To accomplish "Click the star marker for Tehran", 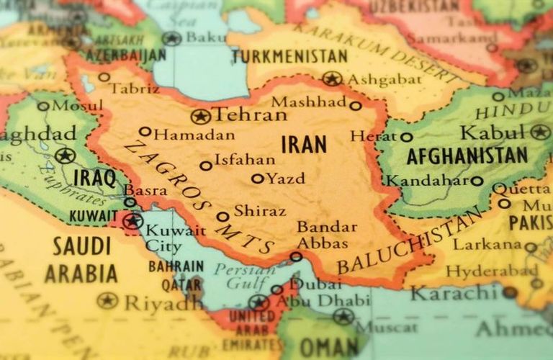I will click(200, 116).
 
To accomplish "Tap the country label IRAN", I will click(303, 144).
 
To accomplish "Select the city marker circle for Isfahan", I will click(206, 166).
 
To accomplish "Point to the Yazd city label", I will click(286, 178).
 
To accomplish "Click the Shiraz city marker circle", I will click(223, 216).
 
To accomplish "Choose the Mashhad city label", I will click(308, 102).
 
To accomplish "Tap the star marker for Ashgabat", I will click(331, 78).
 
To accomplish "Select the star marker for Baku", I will click(171, 38).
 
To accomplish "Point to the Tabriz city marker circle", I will click(104, 77).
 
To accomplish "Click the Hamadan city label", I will click(194, 134).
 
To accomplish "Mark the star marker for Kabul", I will click(540, 132).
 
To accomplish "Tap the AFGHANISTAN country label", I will click(467, 156).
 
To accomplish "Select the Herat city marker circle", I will click(407, 137).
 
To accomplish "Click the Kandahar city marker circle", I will click(477, 181).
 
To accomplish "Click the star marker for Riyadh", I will click(107, 300).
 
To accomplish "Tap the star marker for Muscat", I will click(343, 316).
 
